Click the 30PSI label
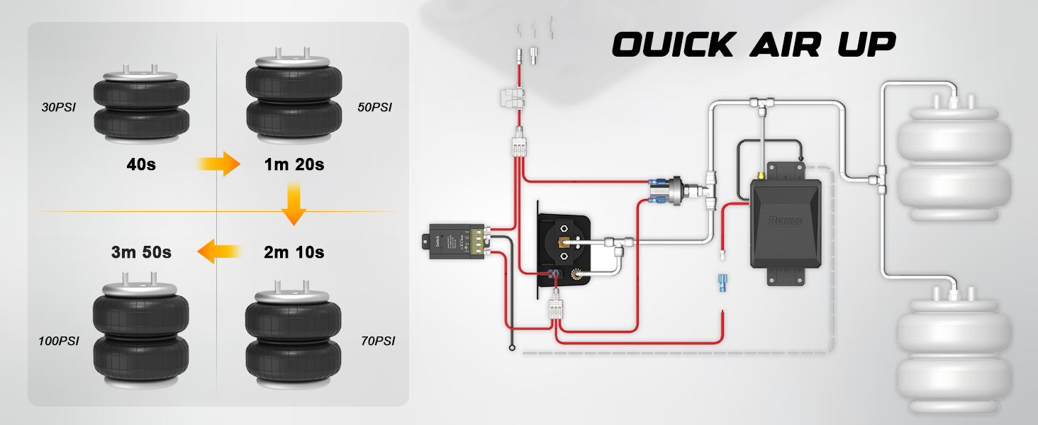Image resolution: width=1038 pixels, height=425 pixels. point(58,108)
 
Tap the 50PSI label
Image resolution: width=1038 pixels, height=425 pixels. point(374,108)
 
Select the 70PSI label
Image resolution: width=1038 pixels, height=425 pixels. point(377,341)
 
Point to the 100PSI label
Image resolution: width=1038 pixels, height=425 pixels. point(59,341)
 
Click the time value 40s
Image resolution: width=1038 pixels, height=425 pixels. point(140,164)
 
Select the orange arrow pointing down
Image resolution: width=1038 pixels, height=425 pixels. point(293,204)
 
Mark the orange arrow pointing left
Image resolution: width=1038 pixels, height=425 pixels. point(216,251)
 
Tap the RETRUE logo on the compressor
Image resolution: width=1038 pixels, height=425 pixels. point(786,220)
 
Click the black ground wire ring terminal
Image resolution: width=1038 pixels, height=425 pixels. point(511,347)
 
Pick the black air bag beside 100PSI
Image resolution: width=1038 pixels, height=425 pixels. point(141,336)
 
